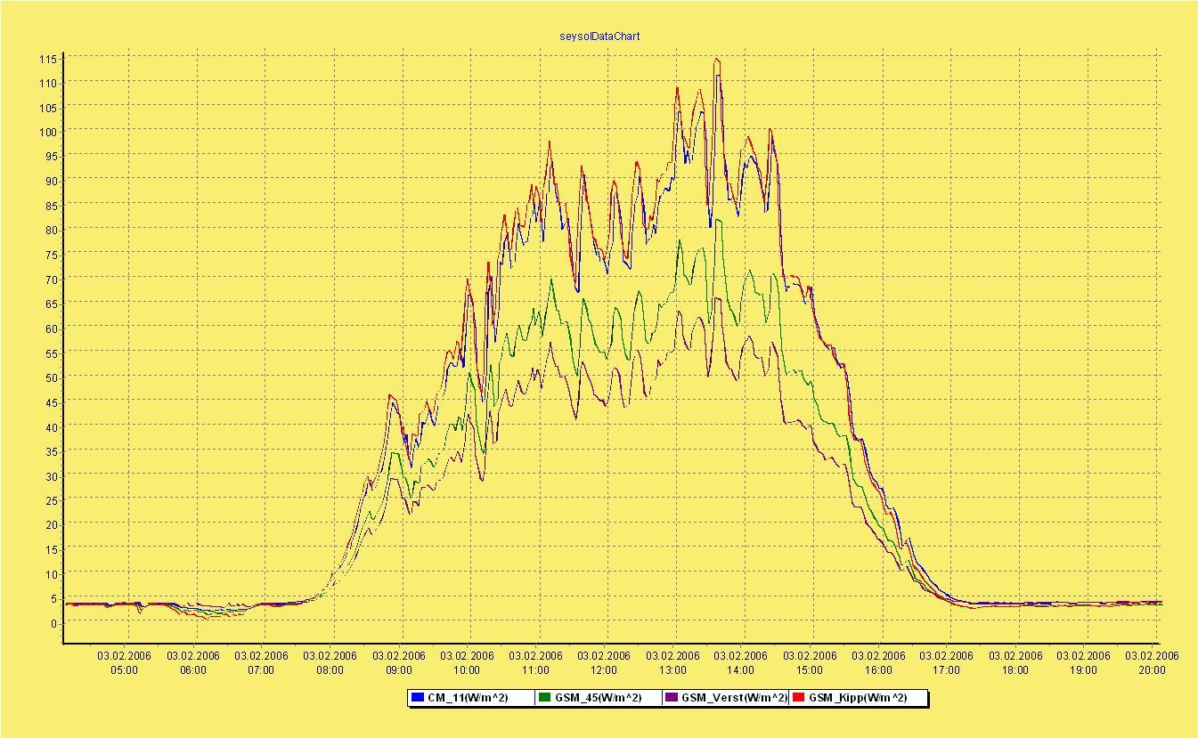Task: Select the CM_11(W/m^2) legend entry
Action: point(467,698)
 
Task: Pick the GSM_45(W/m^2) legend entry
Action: point(597,698)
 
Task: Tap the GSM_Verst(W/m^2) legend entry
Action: point(733,698)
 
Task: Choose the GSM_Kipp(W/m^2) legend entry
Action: point(857,698)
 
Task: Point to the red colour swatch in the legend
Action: point(798,698)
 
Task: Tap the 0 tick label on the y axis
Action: point(53,624)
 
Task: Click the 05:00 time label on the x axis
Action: point(125,670)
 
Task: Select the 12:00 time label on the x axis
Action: point(604,670)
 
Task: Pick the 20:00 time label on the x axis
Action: point(1152,670)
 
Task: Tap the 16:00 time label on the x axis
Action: point(878,670)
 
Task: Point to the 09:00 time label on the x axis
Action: point(399,670)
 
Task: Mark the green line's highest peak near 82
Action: point(718,220)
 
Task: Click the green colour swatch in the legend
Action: point(544,698)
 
